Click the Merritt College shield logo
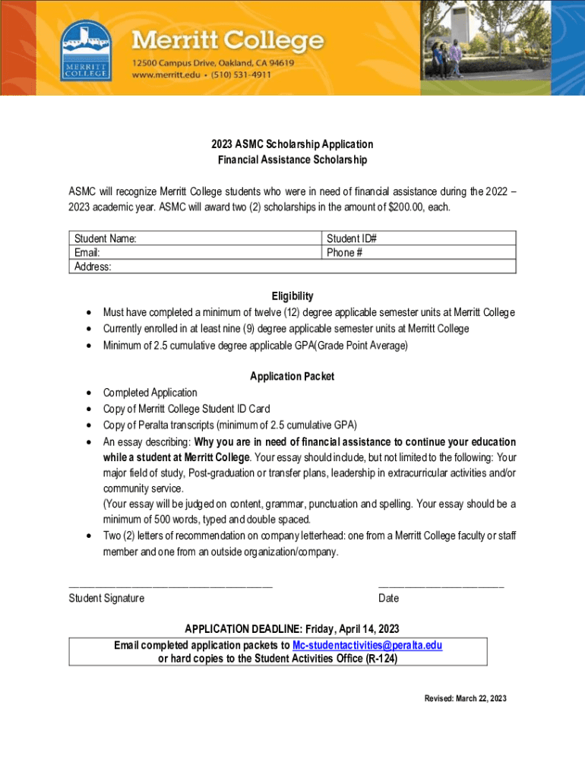tap(85, 49)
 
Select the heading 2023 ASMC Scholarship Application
tap(292, 144)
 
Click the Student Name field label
tap(106, 239)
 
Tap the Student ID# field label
tap(352, 239)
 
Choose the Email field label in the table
tap(87, 252)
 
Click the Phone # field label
tap(344, 252)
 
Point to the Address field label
tap(93, 267)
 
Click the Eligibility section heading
tap(292, 296)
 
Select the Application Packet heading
tap(292, 376)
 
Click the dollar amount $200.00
tap(406, 207)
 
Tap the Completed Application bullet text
tap(150, 393)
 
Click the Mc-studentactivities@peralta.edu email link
tap(367, 645)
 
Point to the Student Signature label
tap(106, 598)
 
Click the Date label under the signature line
tap(388, 598)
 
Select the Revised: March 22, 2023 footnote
tap(465, 698)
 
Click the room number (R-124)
tap(381, 659)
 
